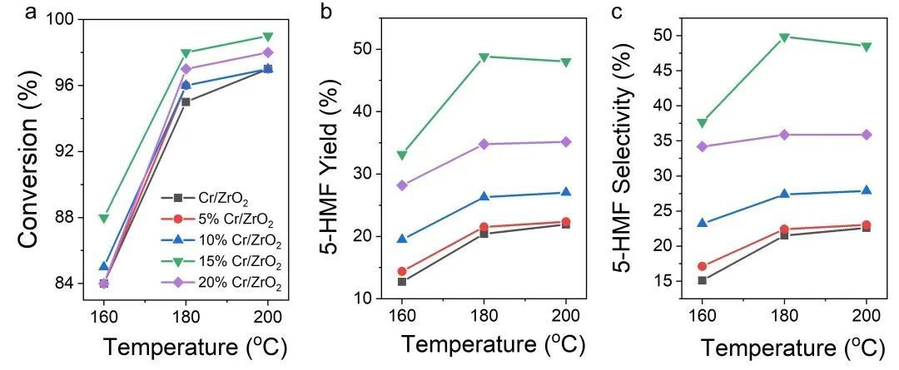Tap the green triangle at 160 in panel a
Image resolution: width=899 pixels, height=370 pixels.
[104, 218]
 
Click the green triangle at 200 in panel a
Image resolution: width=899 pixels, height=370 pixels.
[268, 37]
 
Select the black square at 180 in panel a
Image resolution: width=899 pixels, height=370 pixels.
[186, 101]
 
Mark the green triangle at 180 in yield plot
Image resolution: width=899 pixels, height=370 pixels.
[484, 57]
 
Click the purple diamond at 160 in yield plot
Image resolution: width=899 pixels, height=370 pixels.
[402, 185]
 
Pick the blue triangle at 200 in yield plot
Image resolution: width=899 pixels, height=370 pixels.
[566, 192]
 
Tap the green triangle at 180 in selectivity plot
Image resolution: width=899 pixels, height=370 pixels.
[784, 37]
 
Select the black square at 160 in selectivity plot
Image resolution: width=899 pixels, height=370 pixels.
[702, 280]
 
